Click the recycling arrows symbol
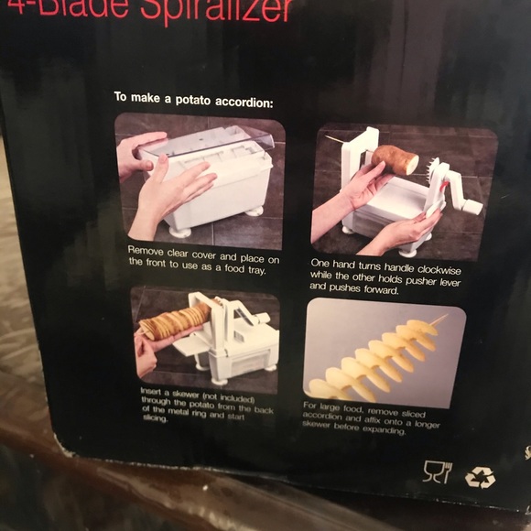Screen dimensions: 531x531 [480, 477]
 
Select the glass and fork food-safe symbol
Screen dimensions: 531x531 [437, 471]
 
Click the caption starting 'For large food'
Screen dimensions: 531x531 [371, 417]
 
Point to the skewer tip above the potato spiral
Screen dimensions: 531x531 [444, 320]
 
